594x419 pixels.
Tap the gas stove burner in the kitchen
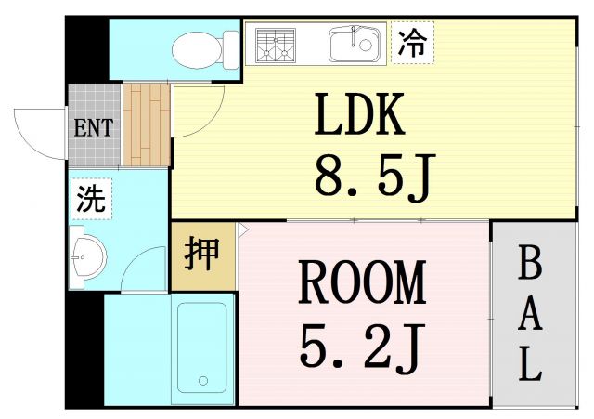(276, 44)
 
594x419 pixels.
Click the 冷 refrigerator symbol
(412, 43)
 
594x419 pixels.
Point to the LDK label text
(359, 115)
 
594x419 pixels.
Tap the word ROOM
(361, 283)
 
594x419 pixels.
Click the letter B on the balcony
(528, 266)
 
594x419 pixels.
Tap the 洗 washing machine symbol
(91, 199)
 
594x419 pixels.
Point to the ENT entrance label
(93, 127)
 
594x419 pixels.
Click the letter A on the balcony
(529, 315)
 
